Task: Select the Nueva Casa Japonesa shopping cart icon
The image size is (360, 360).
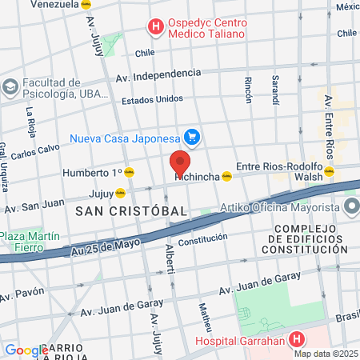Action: click(x=191, y=137)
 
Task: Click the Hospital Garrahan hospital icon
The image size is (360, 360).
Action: click(x=298, y=338)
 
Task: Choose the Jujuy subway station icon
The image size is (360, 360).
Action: click(x=121, y=192)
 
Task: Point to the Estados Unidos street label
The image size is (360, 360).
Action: click(x=152, y=100)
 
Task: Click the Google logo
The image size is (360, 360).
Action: click(x=26, y=350)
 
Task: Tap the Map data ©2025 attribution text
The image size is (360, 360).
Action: click(x=326, y=354)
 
